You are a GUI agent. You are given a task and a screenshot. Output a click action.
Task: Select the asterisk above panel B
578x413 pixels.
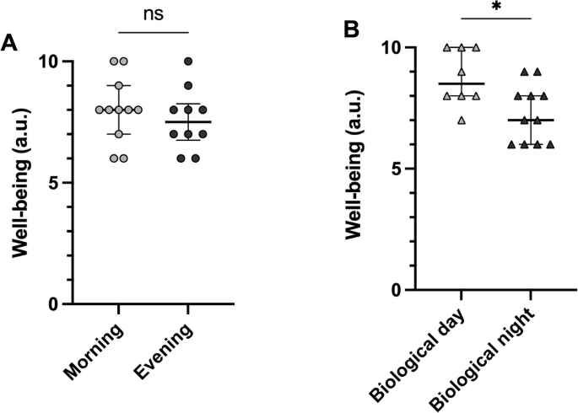495,9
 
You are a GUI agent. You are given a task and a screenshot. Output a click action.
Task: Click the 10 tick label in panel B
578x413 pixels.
390,47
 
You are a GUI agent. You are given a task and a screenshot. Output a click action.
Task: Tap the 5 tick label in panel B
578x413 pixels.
396,169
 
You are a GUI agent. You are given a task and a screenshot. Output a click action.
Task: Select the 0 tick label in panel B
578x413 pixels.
396,290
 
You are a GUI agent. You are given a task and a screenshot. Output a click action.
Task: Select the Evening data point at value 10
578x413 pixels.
188,62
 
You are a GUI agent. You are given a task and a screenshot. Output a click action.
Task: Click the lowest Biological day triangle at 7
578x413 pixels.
461,120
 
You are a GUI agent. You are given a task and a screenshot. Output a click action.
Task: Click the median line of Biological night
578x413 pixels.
529,121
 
